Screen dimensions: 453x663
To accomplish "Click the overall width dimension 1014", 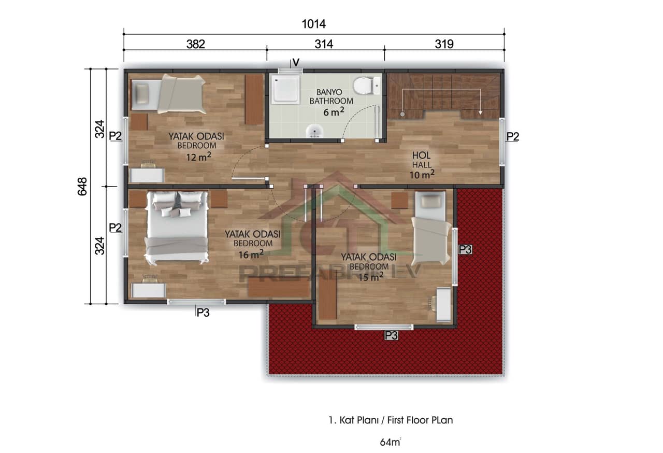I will [314, 24].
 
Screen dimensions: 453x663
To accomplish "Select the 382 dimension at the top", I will [195, 44].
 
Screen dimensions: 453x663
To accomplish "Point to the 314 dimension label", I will [324, 44].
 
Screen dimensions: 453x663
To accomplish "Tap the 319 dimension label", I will [444, 44].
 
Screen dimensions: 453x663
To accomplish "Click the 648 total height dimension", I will [82, 187].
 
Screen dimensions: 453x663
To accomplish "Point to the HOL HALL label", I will [422, 160].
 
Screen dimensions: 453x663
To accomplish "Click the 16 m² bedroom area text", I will [251, 253].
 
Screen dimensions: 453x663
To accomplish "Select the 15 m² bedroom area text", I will [371, 277].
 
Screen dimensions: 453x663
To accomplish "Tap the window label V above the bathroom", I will [296, 62].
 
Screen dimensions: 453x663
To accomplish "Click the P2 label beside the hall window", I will [512, 136].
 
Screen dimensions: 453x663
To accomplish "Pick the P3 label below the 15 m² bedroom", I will [391, 336].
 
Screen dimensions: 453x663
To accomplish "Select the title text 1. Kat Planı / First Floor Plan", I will [391, 420].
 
